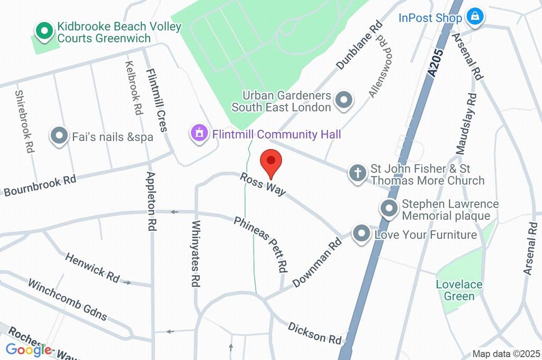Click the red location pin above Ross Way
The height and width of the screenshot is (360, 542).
tap(271, 162)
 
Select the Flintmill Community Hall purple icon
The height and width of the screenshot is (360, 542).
tap(200, 133)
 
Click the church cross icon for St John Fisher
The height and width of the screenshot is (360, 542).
tap(358, 173)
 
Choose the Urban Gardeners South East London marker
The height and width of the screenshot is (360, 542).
tap(345, 101)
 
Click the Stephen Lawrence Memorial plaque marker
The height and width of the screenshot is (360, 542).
tap(390, 209)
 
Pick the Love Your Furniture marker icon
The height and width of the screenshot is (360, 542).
tap(362, 233)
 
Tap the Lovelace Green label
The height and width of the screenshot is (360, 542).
tap(459, 290)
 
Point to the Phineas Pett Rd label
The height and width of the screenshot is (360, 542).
tap(261, 242)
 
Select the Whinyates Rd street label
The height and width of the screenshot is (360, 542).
tap(195, 254)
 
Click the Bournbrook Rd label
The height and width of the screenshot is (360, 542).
tap(40, 185)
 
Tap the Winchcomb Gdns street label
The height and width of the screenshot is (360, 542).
tap(67, 300)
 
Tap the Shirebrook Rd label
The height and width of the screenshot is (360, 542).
tap(24, 122)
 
